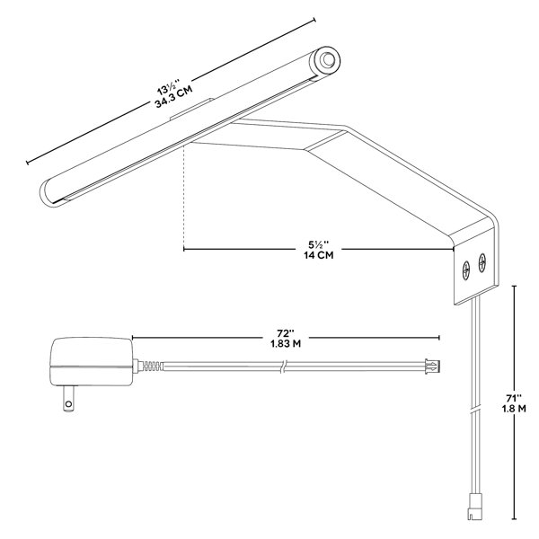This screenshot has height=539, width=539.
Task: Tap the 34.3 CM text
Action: coord(173,97)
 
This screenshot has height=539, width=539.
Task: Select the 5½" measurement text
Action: coord(318,245)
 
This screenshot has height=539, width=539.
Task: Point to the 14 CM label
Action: coord(318,255)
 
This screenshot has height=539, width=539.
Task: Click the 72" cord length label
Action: coord(286,333)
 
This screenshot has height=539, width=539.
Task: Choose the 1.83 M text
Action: coord(286,344)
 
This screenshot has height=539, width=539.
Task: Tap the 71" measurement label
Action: coord(514,398)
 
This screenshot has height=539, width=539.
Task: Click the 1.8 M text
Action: coord(514,409)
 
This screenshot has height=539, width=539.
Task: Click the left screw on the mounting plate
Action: coord(466,269)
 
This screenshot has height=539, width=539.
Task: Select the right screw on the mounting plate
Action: coord(482,263)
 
